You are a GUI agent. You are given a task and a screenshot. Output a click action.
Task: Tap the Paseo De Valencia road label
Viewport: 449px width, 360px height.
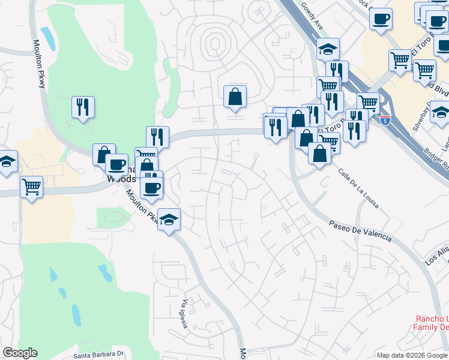[x=360, y=231]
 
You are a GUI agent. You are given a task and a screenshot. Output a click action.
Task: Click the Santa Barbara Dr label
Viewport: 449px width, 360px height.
[x=98, y=355]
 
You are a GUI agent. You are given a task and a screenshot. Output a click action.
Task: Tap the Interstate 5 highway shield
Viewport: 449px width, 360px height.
[x=385, y=120]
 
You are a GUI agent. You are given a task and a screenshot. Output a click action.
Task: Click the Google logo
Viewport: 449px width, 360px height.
[x=20, y=353]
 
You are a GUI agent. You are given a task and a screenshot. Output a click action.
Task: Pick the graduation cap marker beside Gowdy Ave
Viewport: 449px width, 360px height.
[x=328, y=48]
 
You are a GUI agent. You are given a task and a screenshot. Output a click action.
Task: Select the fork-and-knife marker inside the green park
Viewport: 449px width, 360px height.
[x=82, y=107]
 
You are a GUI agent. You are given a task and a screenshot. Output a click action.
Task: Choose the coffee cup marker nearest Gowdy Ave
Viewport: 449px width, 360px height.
[x=380, y=19]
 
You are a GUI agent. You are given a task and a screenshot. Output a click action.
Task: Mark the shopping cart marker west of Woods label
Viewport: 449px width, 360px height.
[x=31, y=187]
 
